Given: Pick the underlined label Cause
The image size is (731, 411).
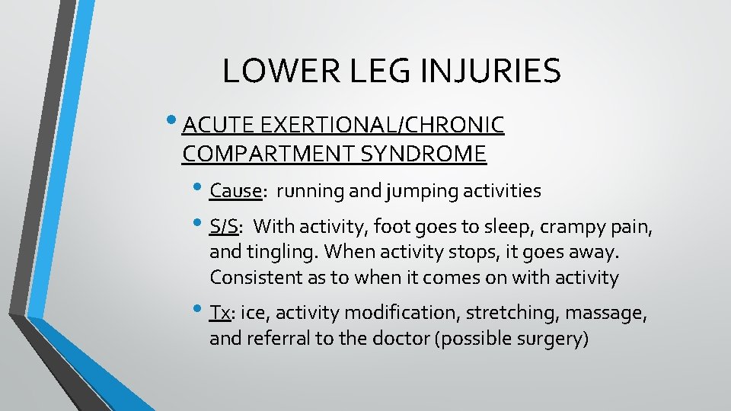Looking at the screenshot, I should (235, 190).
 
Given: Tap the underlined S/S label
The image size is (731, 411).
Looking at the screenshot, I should (223, 226).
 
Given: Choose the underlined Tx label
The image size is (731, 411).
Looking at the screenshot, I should (220, 313).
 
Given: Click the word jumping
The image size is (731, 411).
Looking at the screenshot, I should (418, 191).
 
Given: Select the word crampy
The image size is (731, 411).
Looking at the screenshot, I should (563, 227).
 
